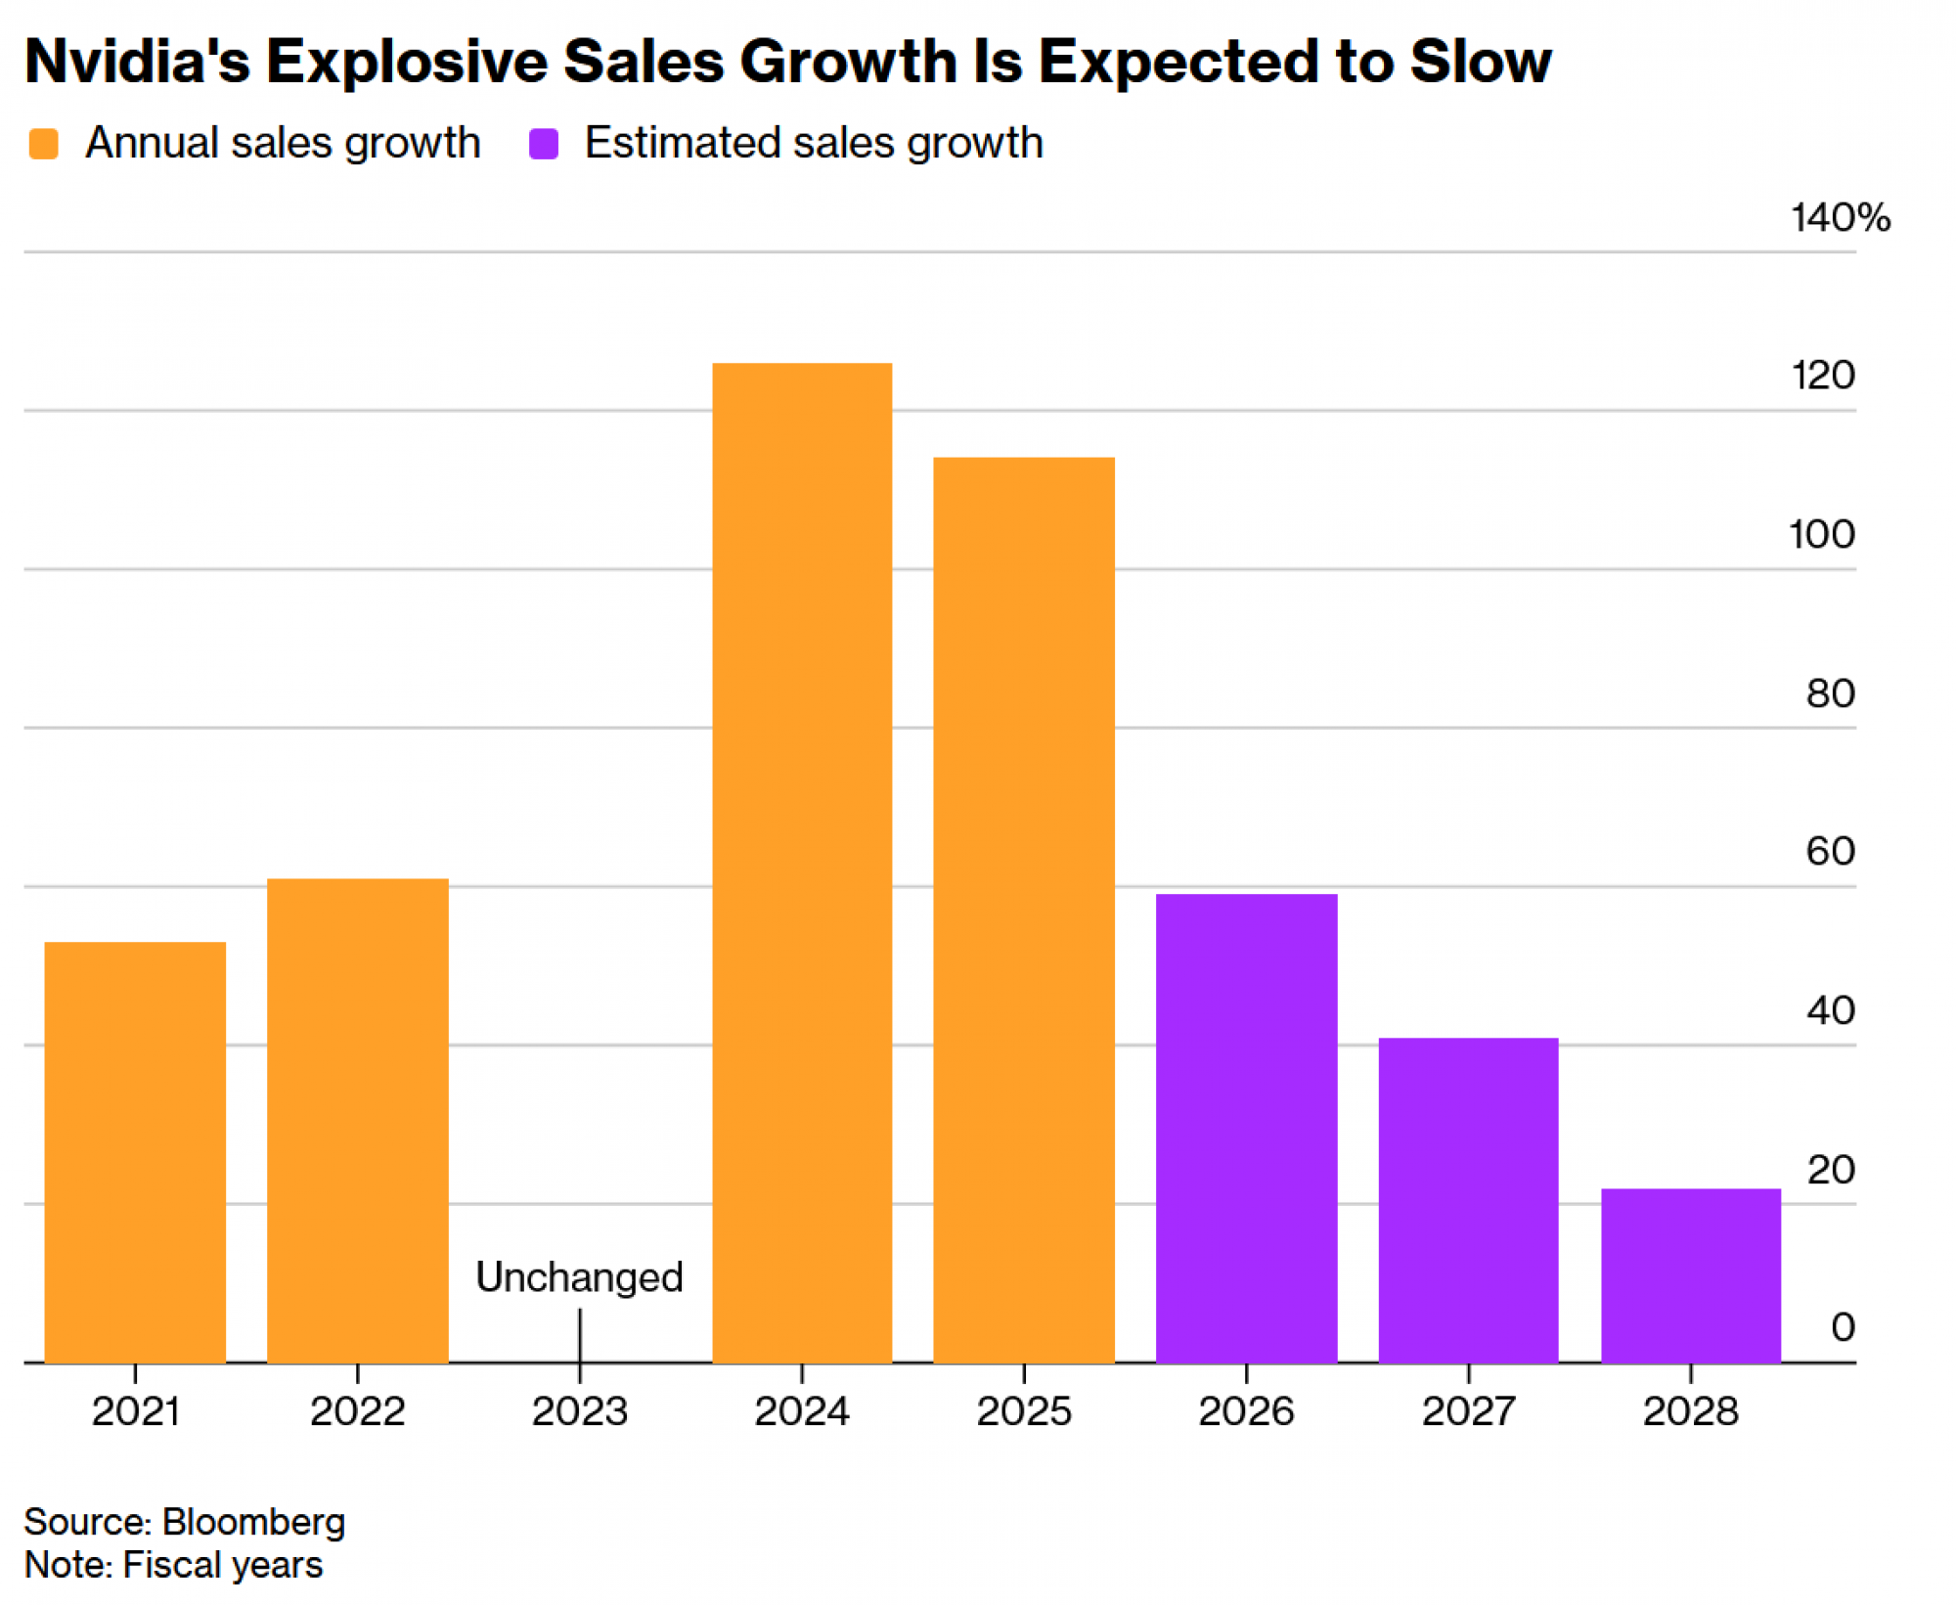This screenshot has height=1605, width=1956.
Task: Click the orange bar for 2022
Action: (x=358, y=1120)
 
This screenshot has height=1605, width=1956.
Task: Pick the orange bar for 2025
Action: (x=1024, y=910)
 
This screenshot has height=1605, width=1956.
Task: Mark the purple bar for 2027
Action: (x=1468, y=1200)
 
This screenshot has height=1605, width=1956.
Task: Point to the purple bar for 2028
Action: (x=1691, y=1275)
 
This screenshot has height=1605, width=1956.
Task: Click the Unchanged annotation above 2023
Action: (x=579, y=1277)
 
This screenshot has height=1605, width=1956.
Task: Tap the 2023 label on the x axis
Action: (x=579, y=1411)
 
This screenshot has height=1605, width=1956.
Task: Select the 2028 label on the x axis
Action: (x=1691, y=1411)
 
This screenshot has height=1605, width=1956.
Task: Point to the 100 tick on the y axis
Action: (x=1822, y=535)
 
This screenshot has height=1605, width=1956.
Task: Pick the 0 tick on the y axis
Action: (x=1843, y=1327)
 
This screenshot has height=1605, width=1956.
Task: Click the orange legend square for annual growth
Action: (x=44, y=144)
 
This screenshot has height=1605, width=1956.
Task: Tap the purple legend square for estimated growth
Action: (x=544, y=144)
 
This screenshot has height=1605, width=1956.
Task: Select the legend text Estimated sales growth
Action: (x=814, y=143)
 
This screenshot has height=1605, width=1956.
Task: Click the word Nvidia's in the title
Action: (x=137, y=61)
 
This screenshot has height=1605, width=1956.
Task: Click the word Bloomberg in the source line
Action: (x=253, y=1522)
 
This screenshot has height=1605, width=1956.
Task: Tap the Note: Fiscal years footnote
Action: (x=173, y=1565)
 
